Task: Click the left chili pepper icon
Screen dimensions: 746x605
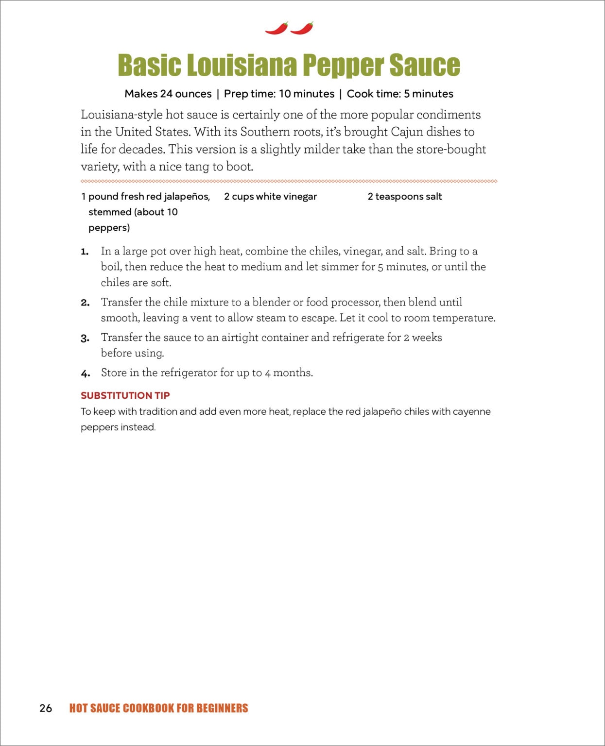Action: [277, 29]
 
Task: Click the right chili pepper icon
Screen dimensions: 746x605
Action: [302, 29]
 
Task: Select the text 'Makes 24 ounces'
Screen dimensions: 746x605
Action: [168, 94]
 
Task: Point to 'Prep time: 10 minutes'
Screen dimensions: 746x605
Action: [279, 94]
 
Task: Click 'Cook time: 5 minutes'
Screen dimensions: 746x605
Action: [400, 94]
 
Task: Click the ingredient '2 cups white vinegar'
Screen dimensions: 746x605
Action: [270, 197]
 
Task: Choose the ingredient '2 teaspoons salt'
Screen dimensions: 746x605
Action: [405, 197]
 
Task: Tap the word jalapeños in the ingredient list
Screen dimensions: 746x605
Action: [187, 197]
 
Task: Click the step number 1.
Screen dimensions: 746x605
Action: [85, 252]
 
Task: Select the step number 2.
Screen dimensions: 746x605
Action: [85, 303]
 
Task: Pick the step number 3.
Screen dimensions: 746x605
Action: [85, 339]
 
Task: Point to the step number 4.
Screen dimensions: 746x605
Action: [86, 374]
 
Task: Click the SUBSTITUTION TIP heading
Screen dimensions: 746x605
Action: [125, 395]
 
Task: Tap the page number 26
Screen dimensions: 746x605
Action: [46, 708]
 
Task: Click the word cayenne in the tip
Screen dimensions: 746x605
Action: [471, 412]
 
